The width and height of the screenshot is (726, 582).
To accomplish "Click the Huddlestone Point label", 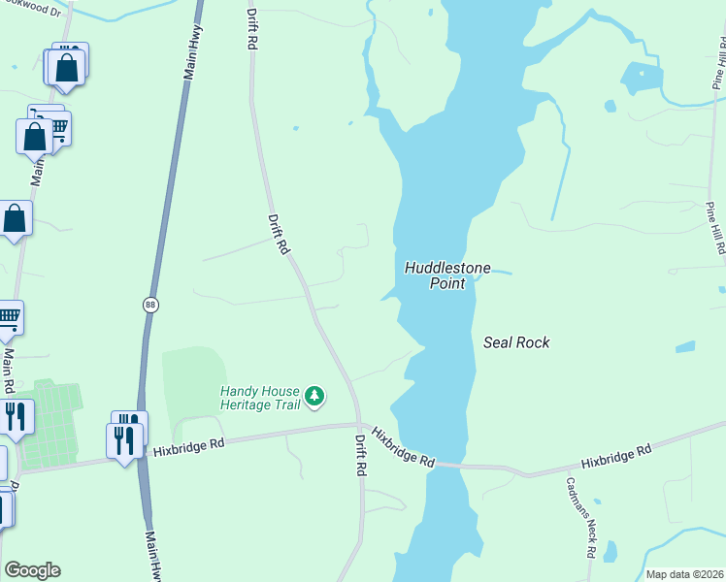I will (x=447, y=275).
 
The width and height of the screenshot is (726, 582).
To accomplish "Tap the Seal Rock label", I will (x=516, y=342).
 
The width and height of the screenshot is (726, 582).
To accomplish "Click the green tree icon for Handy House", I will (x=314, y=395).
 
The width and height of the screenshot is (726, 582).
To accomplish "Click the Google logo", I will (x=32, y=570).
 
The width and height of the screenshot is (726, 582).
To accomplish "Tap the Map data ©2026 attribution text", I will (x=684, y=574).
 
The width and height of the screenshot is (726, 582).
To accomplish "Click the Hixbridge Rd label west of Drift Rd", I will (x=188, y=445).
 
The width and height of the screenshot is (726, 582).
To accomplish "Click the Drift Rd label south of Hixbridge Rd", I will (x=360, y=453).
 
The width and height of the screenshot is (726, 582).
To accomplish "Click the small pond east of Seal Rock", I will (x=685, y=346).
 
